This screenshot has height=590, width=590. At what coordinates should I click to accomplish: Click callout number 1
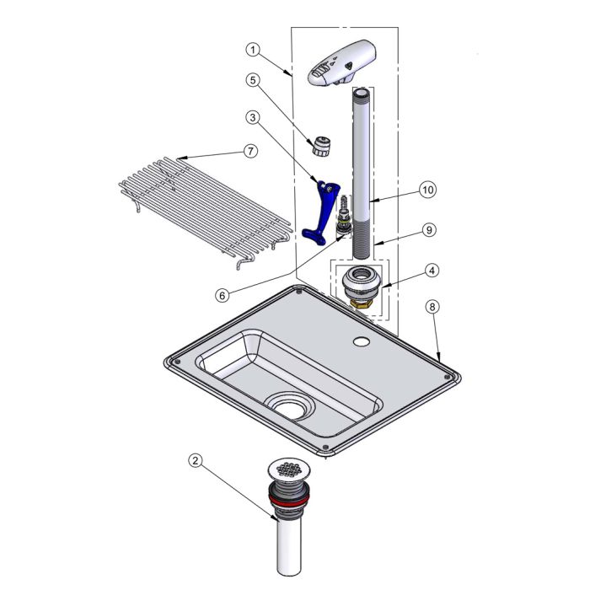coord(253,50)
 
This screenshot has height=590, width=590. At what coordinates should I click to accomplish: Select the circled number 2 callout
coord(196,460)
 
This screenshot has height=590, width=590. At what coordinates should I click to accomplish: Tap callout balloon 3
coord(253,117)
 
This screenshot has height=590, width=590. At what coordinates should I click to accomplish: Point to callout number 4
coord(432,271)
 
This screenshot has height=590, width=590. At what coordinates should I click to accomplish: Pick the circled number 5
coord(253,80)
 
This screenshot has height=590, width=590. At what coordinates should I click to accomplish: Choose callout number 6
coord(223,295)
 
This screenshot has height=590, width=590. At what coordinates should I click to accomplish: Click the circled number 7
coord(251,151)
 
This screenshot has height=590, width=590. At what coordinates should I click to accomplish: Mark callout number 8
coord(432,307)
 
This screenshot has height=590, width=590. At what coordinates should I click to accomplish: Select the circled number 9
coord(429,229)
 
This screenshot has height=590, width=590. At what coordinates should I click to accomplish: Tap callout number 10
coord(428,190)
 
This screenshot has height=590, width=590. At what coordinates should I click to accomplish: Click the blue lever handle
coord(321,212)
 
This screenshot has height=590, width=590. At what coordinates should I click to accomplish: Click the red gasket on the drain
coord(289,501)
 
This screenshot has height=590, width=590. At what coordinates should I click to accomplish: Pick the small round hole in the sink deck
coord(362,341)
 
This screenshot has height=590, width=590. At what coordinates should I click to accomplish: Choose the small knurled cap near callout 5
coord(321,147)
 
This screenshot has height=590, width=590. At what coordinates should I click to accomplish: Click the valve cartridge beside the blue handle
coord(344,217)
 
